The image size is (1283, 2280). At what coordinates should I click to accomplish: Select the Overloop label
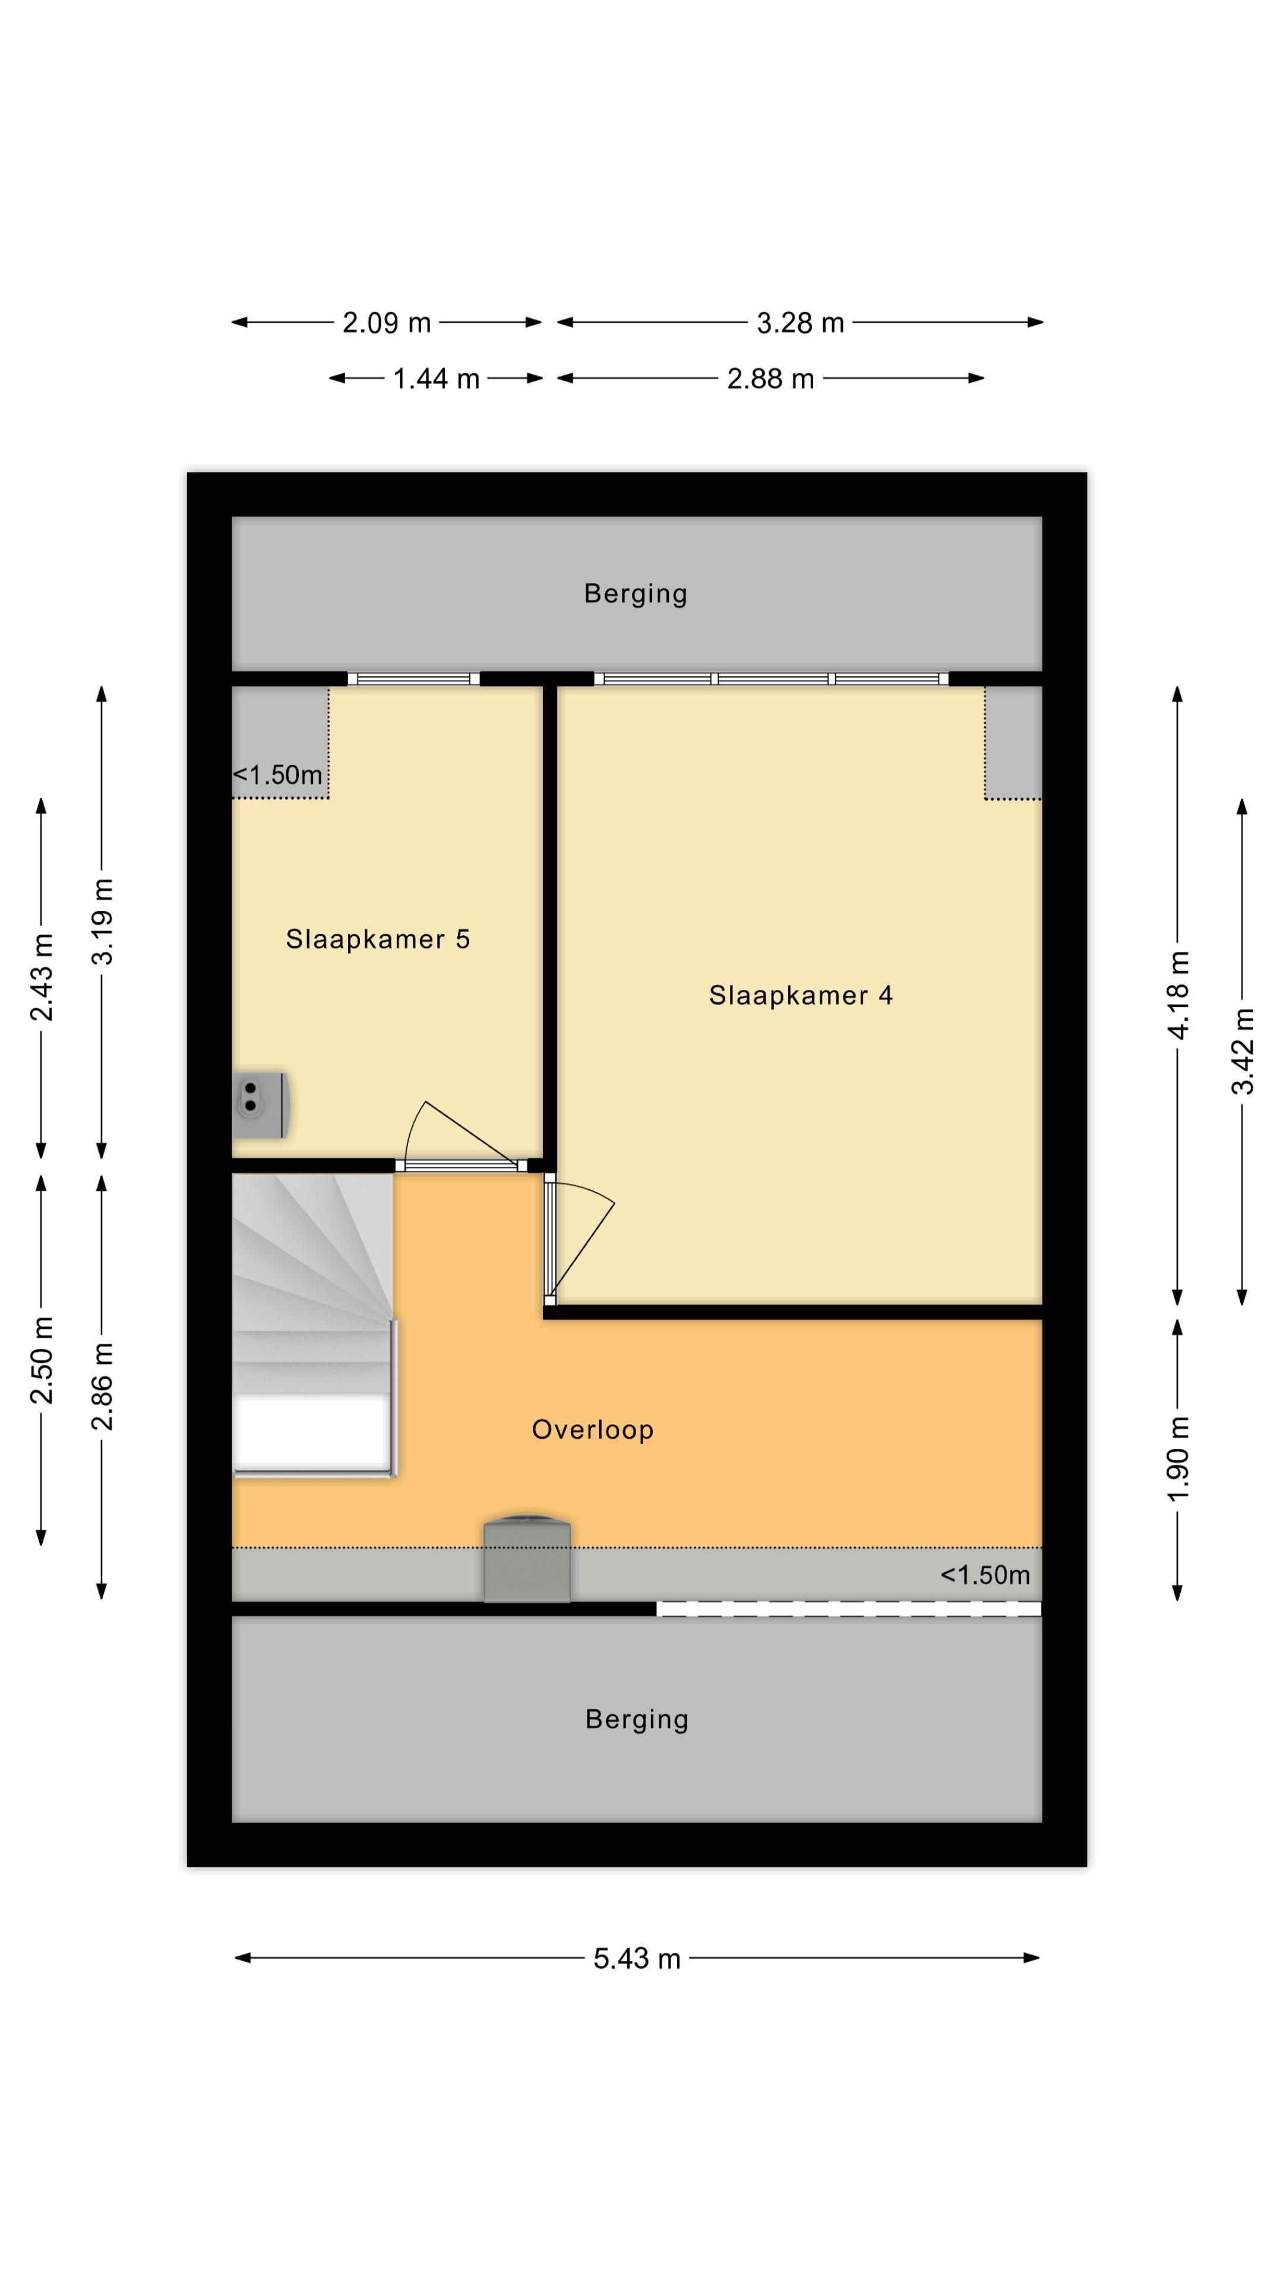(x=592, y=1429)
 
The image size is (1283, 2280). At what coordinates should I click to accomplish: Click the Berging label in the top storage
(x=635, y=593)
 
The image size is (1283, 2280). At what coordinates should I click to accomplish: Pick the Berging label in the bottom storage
(x=637, y=1719)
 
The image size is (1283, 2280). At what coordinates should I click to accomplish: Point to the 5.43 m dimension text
(x=637, y=1959)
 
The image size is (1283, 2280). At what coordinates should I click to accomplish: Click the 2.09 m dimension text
(x=386, y=323)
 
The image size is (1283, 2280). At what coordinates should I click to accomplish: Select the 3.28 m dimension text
(x=799, y=323)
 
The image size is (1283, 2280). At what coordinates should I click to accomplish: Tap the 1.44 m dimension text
(x=435, y=379)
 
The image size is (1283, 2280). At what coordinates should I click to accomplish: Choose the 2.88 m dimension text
(x=769, y=379)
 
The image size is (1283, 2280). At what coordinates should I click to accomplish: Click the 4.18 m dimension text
(x=1178, y=995)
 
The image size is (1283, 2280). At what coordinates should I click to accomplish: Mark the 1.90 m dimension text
(x=1178, y=1459)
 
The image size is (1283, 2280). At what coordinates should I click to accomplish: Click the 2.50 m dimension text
(x=41, y=1360)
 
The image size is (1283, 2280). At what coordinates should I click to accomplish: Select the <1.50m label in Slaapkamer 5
(x=278, y=775)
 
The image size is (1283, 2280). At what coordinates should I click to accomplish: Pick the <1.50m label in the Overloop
(x=985, y=1575)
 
